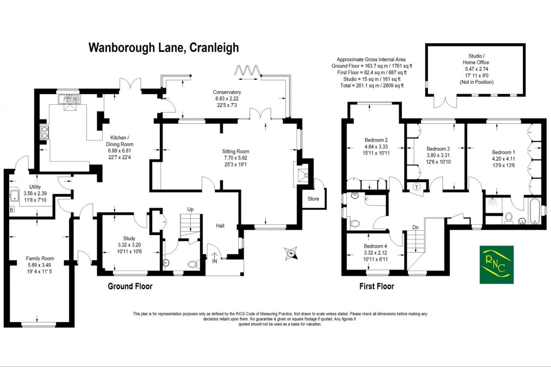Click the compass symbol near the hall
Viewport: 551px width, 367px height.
click(292, 252)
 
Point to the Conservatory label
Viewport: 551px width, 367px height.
click(227, 92)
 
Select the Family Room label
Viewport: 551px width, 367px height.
click(40, 258)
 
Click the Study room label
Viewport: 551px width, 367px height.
click(129, 238)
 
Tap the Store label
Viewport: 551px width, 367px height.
click(313, 198)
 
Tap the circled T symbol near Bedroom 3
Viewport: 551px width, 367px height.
click(417, 187)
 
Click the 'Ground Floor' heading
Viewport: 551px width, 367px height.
click(130, 286)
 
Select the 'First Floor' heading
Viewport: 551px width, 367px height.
click(377, 286)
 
